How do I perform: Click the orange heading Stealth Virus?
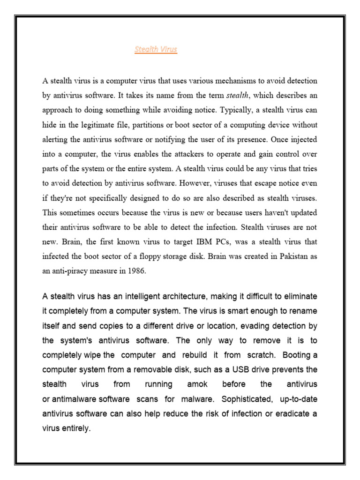click(156, 50)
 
